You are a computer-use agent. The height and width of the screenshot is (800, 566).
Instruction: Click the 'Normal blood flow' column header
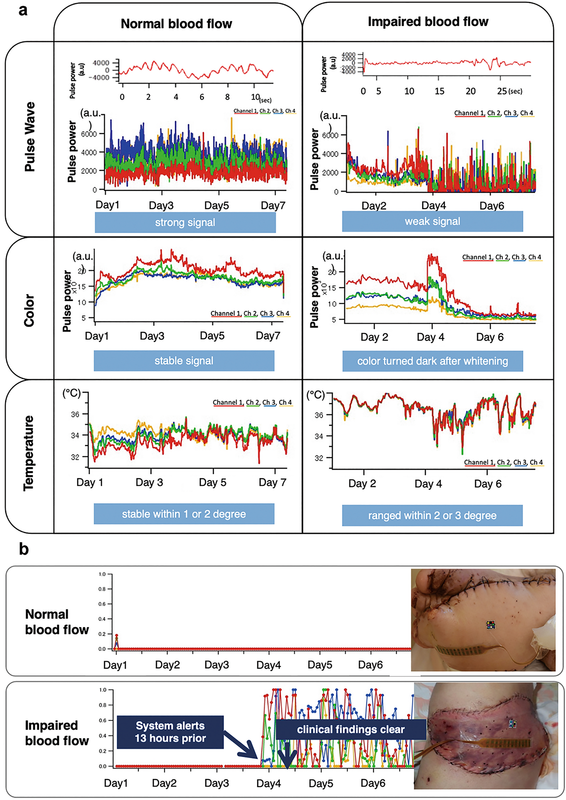[x=176, y=24]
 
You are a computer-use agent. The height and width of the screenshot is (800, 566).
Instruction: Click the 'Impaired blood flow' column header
[x=428, y=22]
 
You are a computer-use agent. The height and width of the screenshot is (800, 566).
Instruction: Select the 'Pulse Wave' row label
[x=30, y=137]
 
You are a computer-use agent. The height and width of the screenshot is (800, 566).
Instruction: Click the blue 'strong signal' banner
[x=185, y=222]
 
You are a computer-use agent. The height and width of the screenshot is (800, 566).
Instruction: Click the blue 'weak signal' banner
[x=432, y=221]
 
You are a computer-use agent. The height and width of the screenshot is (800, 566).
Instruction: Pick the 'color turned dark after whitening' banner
[x=432, y=361]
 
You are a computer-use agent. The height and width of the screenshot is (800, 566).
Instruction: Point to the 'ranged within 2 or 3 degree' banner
[x=432, y=515]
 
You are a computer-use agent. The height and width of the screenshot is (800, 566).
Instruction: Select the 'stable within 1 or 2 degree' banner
[x=184, y=514]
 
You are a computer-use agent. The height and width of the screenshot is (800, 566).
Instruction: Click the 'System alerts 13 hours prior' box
[x=170, y=732]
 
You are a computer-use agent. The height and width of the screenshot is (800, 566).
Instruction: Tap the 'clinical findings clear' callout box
[x=350, y=729]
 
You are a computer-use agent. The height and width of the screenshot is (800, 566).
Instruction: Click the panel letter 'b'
[x=24, y=549]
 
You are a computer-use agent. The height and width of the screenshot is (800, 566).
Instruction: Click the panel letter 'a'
[x=23, y=11]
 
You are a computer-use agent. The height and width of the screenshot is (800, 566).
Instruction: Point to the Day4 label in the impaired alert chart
[x=268, y=783]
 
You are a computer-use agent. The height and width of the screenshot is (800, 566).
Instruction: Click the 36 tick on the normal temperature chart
[x=75, y=414]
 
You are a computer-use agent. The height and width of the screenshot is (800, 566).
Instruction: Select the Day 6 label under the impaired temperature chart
[x=488, y=484]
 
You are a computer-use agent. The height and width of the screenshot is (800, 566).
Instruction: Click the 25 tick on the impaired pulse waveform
[x=502, y=91]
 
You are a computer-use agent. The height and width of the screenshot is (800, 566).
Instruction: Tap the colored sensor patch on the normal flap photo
[x=491, y=625]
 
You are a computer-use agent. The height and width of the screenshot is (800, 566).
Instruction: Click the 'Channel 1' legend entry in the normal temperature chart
[x=228, y=402]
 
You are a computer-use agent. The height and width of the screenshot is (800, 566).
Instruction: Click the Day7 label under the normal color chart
[x=268, y=336]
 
